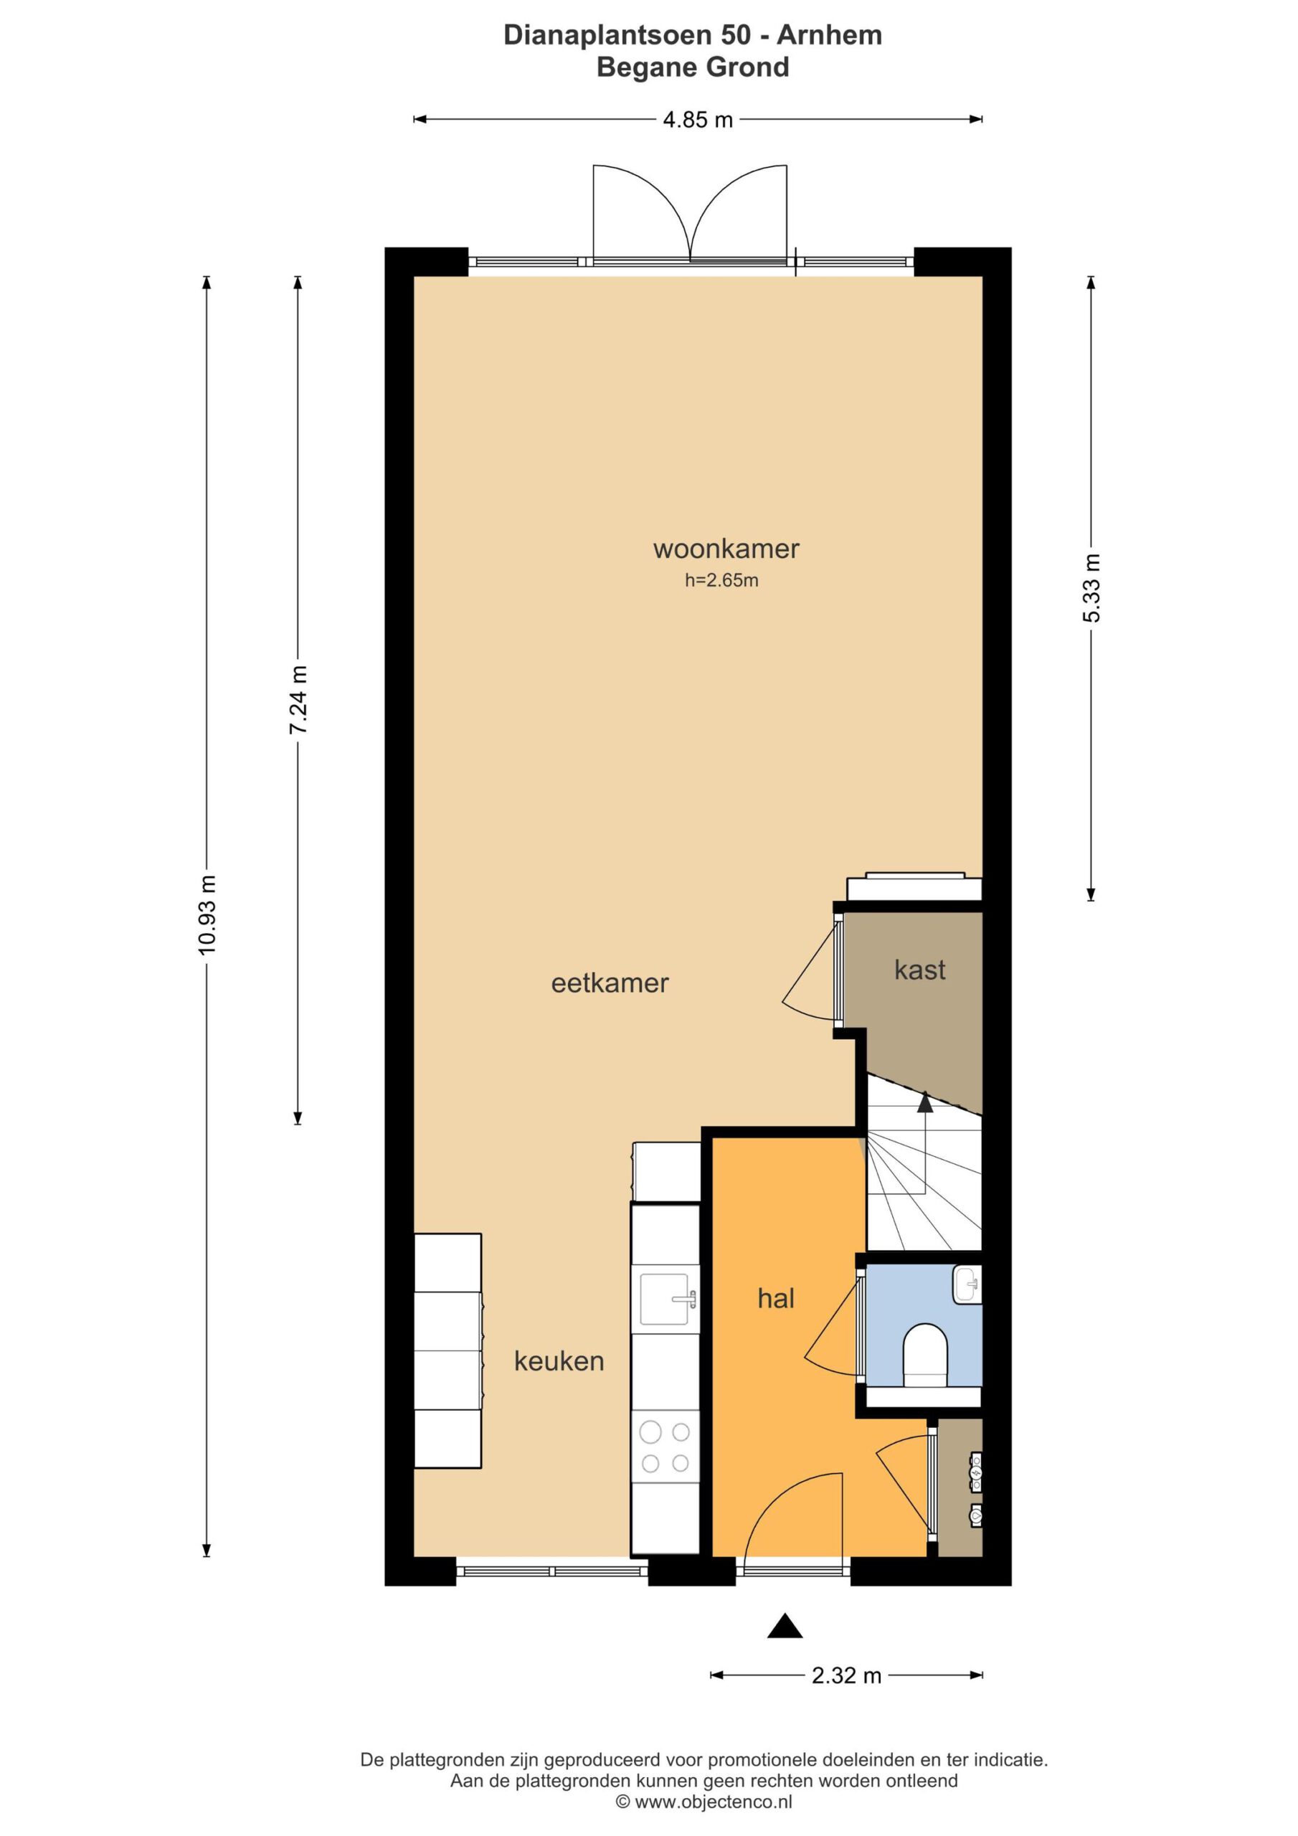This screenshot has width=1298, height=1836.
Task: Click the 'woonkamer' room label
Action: (x=726, y=549)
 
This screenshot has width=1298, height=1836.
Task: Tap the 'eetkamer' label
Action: (x=610, y=983)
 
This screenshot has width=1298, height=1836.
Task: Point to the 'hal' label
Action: (x=776, y=1298)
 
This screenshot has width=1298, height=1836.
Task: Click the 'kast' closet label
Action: (x=920, y=970)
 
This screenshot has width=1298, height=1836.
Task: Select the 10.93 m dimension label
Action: (x=207, y=915)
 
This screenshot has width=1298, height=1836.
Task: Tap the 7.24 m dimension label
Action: (x=298, y=700)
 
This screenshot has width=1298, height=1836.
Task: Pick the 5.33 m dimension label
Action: (x=1091, y=588)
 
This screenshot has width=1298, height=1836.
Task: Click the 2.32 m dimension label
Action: (x=846, y=1675)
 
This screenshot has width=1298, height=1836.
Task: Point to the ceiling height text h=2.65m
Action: (x=721, y=580)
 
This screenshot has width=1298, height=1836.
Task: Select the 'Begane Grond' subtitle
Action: (x=693, y=67)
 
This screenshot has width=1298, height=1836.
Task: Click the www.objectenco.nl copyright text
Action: (x=704, y=1802)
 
